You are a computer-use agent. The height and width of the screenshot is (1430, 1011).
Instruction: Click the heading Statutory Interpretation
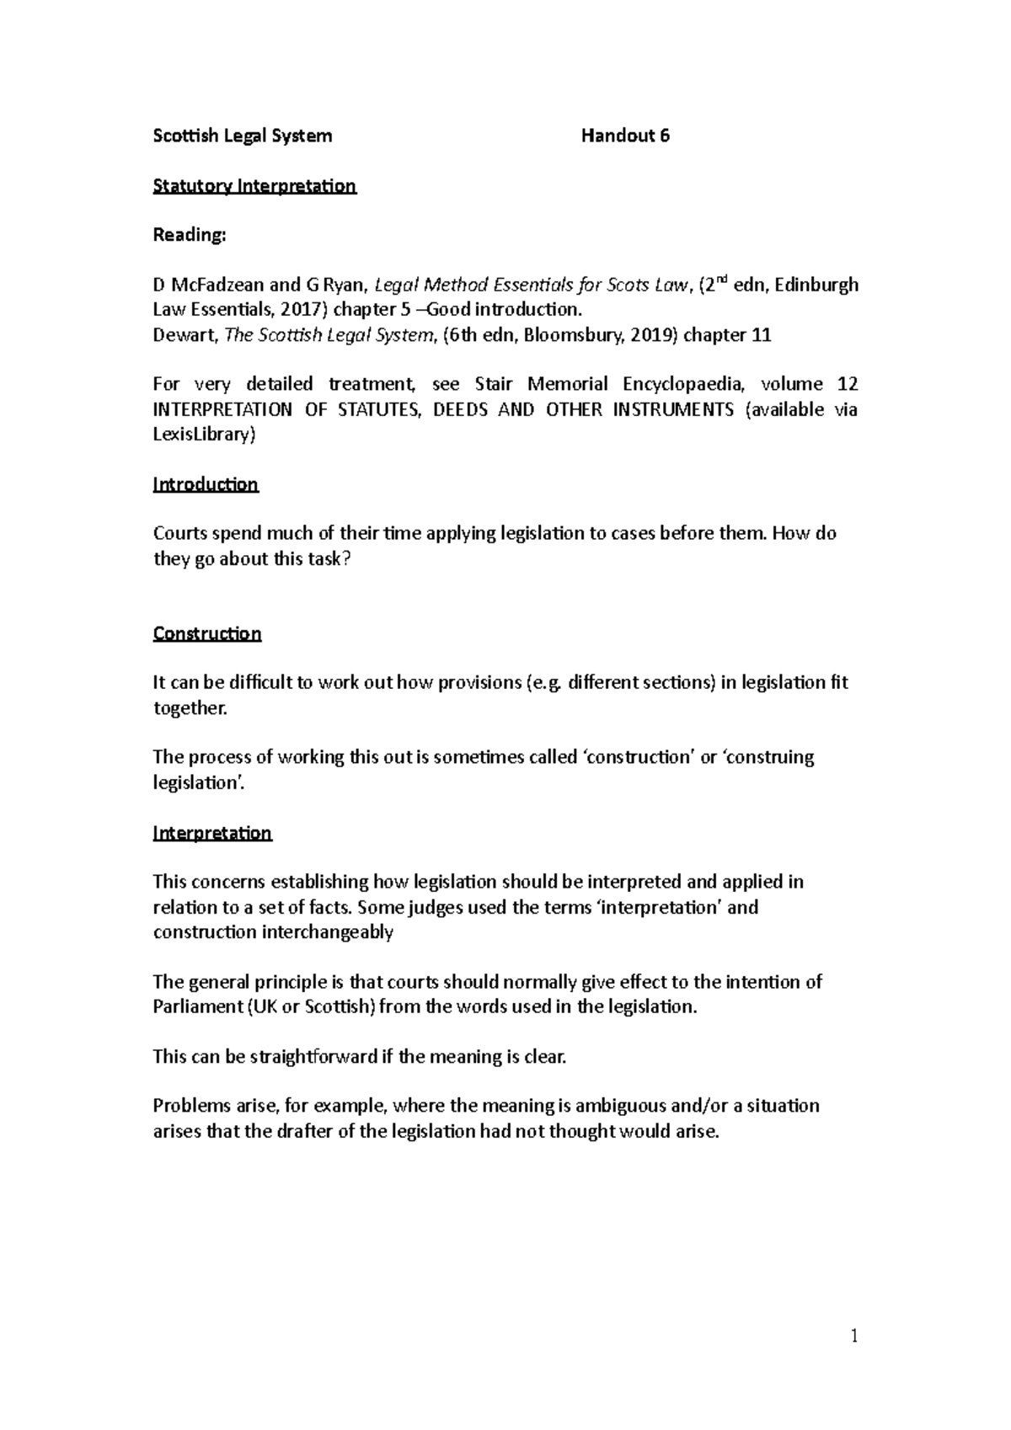pyautogui.click(x=254, y=185)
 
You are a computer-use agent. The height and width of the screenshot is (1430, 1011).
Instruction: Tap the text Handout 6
pyautogui.click(x=625, y=136)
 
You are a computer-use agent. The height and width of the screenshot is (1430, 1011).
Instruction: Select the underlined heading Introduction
pyautogui.click(x=206, y=484)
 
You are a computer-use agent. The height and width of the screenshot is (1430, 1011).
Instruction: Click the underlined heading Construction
pyautogui.click(x=207, y=633)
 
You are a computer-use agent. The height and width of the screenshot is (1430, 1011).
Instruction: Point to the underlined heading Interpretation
pyautogui.click(x=212, y=833)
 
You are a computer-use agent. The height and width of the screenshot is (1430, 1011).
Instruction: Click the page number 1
pyautogui.click(x=854, y=1336)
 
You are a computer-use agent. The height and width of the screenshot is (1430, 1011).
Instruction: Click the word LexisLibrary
pyautogui.click(x=202, y=435)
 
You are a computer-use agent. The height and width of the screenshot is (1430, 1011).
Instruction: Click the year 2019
pyautogui.click(x=652, y=335)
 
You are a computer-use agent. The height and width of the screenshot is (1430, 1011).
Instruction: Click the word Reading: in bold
pyautogui.click(x=190, y=235)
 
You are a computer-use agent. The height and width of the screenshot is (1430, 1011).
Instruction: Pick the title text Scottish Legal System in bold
pyautogui.click(x=243, y=136)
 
